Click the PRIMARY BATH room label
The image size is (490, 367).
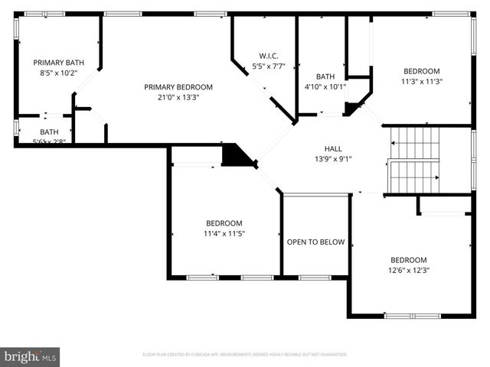click(58, 63)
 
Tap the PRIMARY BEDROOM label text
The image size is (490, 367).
click(178, 87)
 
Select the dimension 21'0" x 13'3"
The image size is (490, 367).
click(178, 97)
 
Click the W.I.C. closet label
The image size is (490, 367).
click(268, 56)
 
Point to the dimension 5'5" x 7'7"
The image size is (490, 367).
click(268, 66)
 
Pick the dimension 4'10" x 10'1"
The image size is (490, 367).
click(325, 86)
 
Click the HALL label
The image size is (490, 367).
click(333, 149)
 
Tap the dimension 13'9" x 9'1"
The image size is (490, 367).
click(333, 159)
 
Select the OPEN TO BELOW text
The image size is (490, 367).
click(315, 242)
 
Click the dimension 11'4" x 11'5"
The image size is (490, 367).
click(224, 233)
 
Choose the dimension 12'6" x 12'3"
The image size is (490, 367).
click(409, 270)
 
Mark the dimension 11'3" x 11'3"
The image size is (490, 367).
click(421, 81)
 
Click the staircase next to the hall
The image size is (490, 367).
click(414, 160)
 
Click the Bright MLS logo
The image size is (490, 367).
click(31, 356)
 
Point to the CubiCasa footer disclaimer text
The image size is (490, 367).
click(245, 355)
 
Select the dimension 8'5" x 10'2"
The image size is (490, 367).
click(58, 73)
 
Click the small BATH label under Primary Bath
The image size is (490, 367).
click(49, 132)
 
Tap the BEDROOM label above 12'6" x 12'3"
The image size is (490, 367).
click(409, 260)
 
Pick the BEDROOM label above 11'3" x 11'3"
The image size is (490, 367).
click(421, 71)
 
